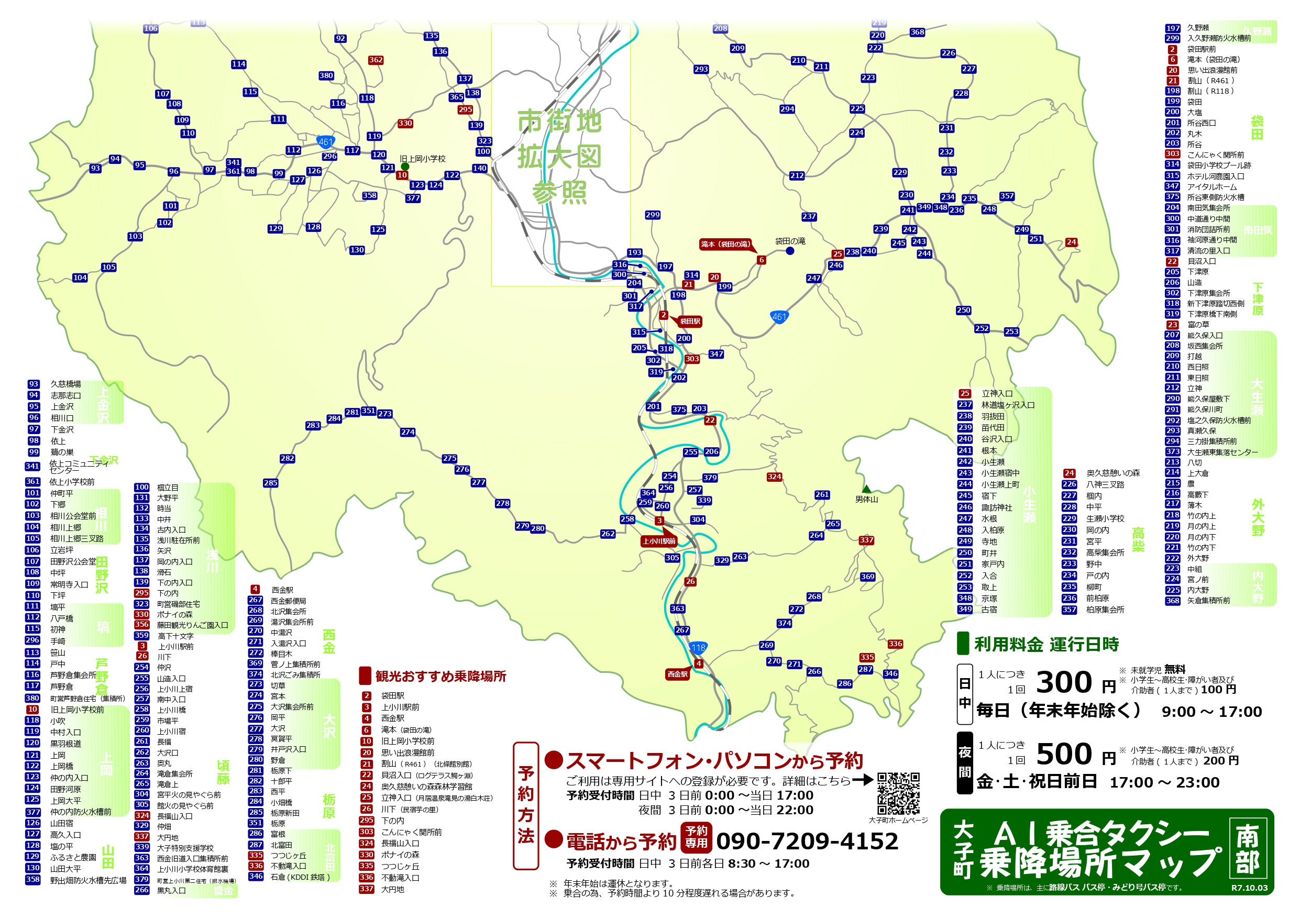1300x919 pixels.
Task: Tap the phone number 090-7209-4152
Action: (x=807, y=842)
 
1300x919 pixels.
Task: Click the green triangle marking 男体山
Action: (x=866, y=489)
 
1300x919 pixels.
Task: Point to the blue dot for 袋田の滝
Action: (x=790, y=251)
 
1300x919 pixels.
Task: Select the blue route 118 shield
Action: (x=698, y=648)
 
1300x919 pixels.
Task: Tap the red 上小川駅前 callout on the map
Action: (x=659, y=541)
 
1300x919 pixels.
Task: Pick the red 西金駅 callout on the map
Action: (x=677, y=674)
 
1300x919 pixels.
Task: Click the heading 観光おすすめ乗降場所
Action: (x=440, y=676)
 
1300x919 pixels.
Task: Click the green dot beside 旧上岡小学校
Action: (x=405, y=167)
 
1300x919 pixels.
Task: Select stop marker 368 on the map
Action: (x=917, y=32)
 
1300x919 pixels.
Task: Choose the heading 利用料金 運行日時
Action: (x=1046, y=645)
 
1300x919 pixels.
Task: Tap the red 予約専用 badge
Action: (x=696, y=837)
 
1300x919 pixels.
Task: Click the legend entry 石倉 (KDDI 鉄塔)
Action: (x=300, y=877)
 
